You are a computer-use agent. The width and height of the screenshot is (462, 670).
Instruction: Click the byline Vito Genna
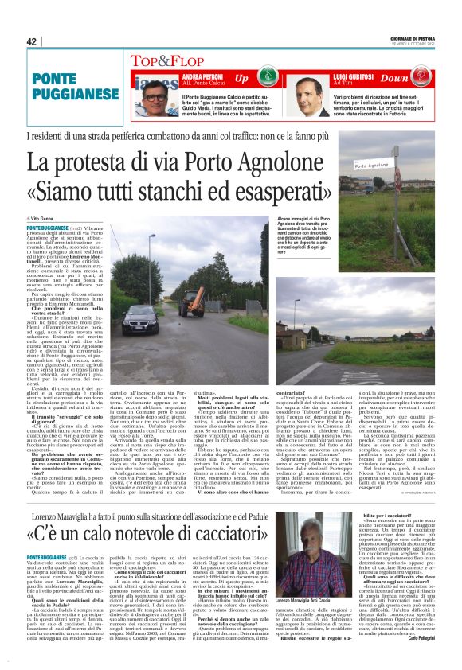click(x=47, y=217)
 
